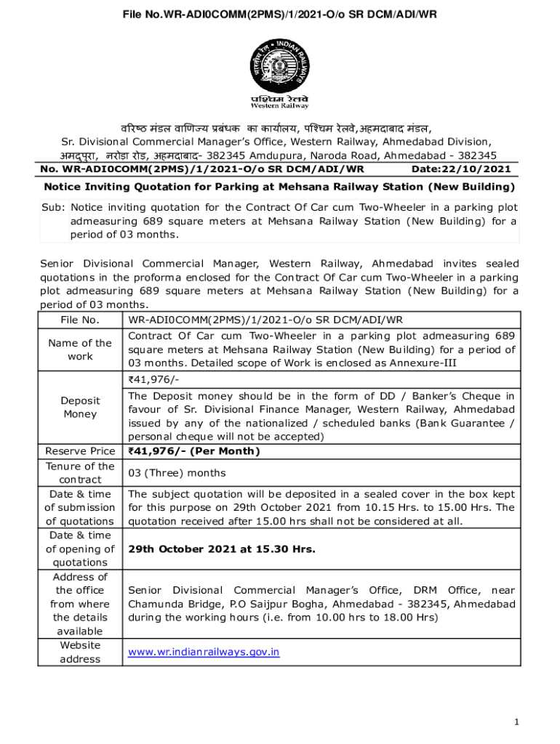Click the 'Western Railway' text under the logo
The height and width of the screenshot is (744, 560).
(x=279, y=105)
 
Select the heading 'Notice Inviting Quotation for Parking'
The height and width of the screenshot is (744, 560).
(x=279, y=187)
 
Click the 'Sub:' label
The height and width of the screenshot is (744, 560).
(x=53, y=207)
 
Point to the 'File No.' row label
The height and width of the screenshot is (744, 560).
(x=80, y=320)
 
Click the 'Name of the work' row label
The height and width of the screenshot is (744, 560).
(x=80, y=349)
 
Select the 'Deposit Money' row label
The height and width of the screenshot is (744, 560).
(x=80, y=407)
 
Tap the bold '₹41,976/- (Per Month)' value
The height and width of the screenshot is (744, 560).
(x=193, y=451)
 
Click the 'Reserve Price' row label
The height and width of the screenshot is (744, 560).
(x=80, y=451)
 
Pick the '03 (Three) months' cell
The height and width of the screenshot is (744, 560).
(x=177, y=473)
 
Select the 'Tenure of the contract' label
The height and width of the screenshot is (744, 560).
(x=80, y=473)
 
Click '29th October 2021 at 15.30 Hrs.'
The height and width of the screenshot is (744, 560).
(x=222, y=549)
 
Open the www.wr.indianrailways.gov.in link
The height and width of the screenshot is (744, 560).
(x=204, y=652)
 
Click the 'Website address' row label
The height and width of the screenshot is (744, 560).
(x=80, y=652)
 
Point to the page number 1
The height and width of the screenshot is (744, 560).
(x=516, y=721)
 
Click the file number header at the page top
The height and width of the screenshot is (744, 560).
(x=279, y=14)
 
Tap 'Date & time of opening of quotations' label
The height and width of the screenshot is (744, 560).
(x=80, y=549)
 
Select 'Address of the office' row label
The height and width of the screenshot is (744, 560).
(x=80, y=604)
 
